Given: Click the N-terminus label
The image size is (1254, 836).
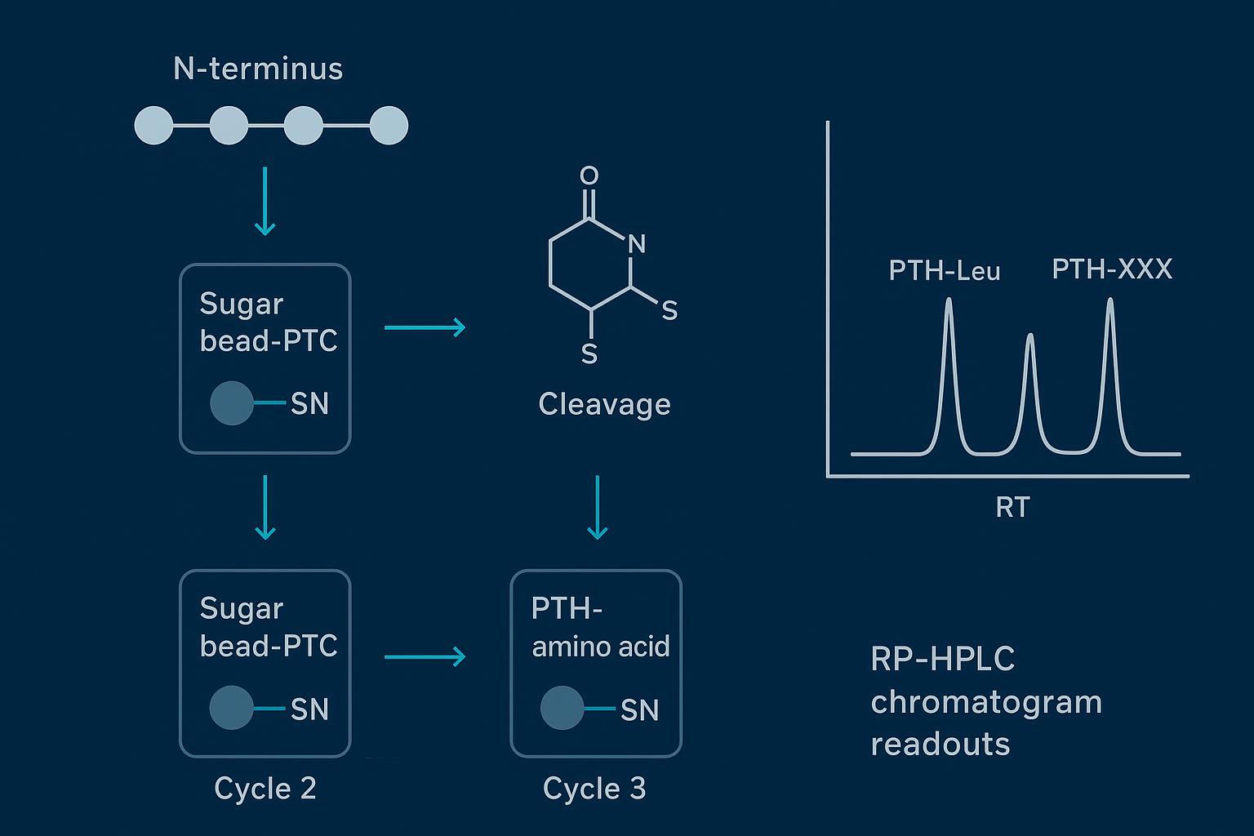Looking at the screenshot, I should [x=258, y=69].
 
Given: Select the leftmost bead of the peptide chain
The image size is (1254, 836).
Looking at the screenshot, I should [x=153, y=126].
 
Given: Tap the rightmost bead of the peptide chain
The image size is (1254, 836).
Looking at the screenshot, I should [x=389, y=126].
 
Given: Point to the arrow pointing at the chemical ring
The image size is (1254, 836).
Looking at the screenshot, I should [x=425, y=327].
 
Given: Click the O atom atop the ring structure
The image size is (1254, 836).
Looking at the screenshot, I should [x=589, y=176].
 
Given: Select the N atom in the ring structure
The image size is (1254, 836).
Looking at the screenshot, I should [x=637, y=243].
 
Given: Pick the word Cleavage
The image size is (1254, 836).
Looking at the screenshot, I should [x=604, y=404].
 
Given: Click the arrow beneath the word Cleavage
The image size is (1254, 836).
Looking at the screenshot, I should [x=598, y=507].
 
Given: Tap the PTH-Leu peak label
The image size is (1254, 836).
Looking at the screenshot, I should [x=945, y=271].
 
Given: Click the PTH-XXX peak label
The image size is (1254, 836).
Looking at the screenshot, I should [x=1112, y=269].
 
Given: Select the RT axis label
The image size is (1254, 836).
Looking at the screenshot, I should [x=1012, y=508].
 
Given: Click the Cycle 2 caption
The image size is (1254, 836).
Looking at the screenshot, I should [x=265, y=789].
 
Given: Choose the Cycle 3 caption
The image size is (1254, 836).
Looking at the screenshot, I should [x=594, y=789].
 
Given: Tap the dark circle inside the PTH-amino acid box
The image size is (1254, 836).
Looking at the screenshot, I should [x=562, y=708].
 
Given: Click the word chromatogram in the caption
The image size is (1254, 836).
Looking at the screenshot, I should [x=986, y=702].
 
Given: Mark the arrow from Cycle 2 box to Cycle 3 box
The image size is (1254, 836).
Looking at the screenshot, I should [x=425, y=656].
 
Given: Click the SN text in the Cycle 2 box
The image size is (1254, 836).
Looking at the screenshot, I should [x=309, y=709].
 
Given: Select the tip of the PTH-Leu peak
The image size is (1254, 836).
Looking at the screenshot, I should [x=949, y=300].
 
